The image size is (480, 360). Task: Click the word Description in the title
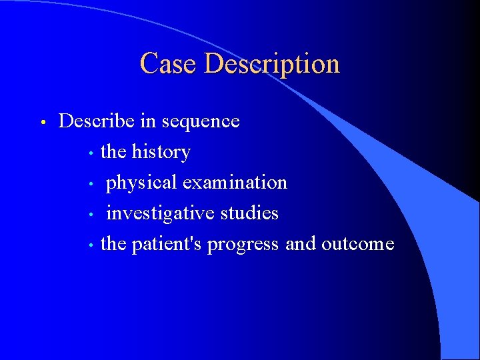[272, 64]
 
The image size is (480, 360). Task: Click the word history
[161, 152]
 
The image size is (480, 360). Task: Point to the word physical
[141, 183]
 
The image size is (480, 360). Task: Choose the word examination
[235, 183]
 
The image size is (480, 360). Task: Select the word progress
[243, 244]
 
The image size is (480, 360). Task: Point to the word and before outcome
[301, 244]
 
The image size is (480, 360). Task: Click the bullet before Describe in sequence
[42, 123]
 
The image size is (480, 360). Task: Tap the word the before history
[113, 152]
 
